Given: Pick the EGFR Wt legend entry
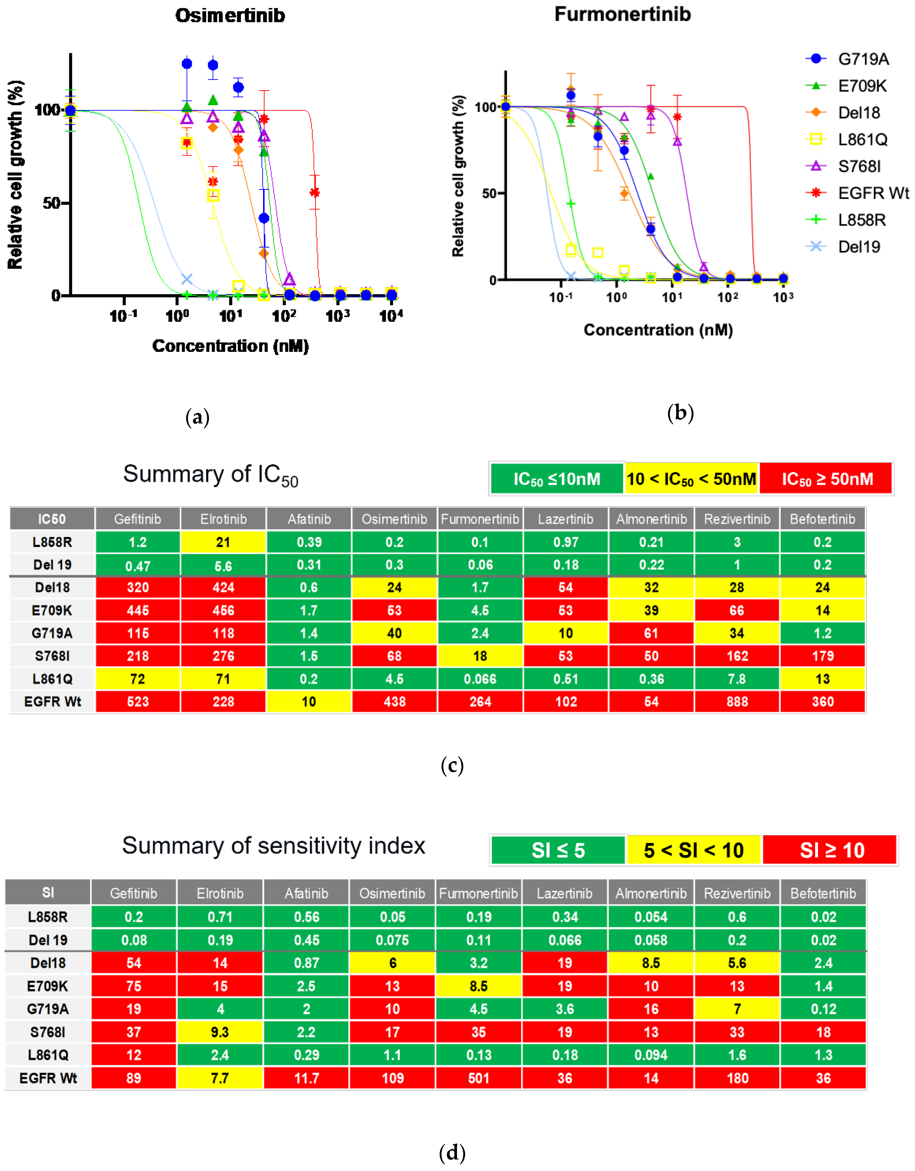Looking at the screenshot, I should coord(873,193).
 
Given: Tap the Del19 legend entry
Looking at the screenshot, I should coord(859,247).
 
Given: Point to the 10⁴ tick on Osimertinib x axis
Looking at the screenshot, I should coord(391,316).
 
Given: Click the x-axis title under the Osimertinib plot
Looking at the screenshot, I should coord(230,346).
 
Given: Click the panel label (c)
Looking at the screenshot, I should coord(452,765).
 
